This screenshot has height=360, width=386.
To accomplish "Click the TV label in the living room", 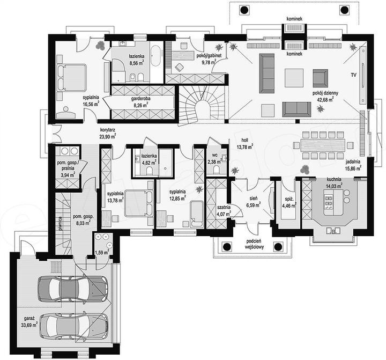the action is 353,75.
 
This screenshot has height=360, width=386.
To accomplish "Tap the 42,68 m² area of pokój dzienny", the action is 325,99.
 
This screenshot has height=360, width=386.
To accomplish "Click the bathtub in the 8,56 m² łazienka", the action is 155,55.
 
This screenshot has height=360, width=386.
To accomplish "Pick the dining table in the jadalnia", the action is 323,145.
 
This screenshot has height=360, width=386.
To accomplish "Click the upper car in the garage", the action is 72,289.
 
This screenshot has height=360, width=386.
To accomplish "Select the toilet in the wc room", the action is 217,170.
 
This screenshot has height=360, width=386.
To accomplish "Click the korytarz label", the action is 108,130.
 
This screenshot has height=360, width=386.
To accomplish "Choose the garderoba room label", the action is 140,99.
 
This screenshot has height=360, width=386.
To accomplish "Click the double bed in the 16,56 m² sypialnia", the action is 72,77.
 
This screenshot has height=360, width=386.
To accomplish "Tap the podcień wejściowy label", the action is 255,244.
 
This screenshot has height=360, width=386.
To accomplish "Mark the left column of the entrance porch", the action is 227,246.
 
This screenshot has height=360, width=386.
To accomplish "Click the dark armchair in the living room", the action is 320,78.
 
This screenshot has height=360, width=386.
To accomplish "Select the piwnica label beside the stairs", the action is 60,223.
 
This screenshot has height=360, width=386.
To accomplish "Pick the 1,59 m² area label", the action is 102,253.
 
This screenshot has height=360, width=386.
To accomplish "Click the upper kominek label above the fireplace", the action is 294,19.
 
